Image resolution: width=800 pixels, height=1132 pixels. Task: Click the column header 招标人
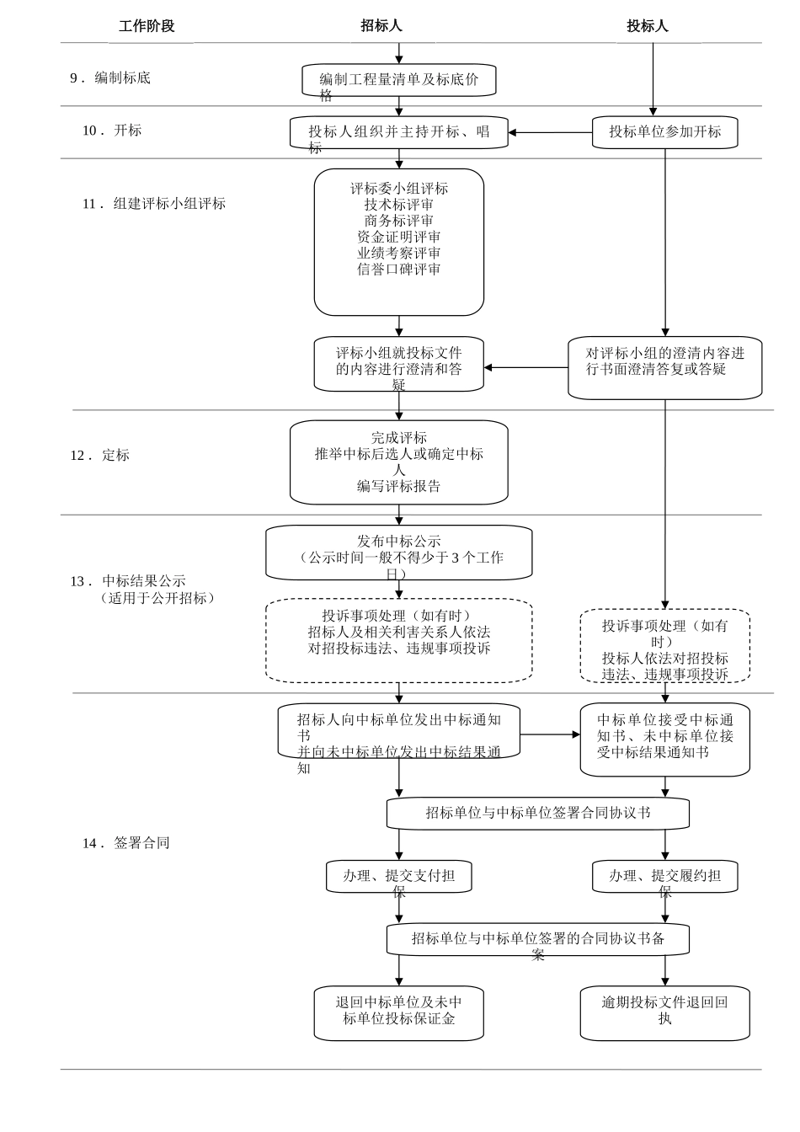pos(381,26)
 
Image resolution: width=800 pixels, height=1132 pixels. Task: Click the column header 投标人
pos(647,26)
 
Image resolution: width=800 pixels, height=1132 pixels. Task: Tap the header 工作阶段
pos(147,26)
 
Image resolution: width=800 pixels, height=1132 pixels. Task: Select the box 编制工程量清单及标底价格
pos(398,81)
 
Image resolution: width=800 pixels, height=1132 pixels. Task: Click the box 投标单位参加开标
pos(664,132)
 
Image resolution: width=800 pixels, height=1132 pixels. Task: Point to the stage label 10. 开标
pos(112,131)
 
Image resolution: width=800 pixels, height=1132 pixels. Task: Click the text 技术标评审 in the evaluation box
pos(399,205)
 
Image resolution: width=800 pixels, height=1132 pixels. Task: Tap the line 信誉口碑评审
pos(399,270)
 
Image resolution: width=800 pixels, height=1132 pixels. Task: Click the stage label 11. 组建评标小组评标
pos(154,204)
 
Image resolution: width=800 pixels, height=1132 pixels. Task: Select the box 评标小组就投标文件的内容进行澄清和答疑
pos(398,366)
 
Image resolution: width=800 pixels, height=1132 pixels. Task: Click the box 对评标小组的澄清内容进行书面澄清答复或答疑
pos(664,367)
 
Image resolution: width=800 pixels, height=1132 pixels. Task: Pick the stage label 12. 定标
pos(100,456)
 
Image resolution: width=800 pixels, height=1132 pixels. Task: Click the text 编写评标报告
pos(398,486)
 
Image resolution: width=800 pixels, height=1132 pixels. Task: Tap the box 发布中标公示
pos(398,553)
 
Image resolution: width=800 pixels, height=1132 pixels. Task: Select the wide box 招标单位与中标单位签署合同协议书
pos(537,814)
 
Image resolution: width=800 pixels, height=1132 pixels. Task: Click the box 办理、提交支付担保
pos(398,877)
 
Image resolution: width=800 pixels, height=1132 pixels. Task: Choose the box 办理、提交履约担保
pos(664,877)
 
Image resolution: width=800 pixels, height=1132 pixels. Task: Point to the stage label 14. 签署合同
pos(126,843)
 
